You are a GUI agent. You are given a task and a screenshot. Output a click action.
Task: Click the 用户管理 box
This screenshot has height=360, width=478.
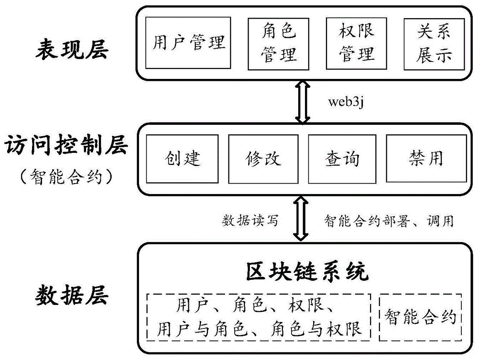coord(188,43)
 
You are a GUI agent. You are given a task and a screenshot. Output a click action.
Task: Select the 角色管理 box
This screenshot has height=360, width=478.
coord(279,43)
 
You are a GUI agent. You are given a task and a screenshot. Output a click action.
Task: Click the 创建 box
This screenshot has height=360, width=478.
coord(184,158)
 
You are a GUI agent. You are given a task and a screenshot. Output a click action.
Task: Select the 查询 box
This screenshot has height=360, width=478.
coord(342,158)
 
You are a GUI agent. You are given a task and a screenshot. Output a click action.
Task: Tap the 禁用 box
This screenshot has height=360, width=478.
coord(426,158)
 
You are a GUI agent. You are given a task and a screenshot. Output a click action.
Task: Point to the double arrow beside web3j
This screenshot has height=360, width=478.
coord(302,102)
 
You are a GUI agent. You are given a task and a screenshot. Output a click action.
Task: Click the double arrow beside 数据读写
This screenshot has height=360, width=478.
coord(302,220)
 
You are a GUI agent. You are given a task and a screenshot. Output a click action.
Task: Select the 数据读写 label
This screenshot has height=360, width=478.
coord(250,220)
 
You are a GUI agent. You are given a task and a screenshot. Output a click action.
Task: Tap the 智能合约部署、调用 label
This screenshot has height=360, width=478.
coord(389,220)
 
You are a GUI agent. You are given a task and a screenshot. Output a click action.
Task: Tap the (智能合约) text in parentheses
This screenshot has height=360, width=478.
coord(66,177)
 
